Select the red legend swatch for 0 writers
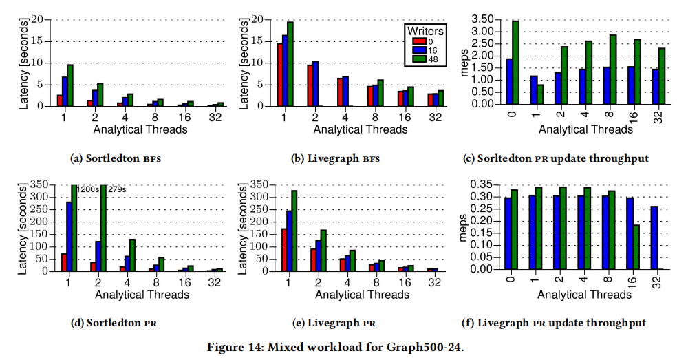click(413, 41)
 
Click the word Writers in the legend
click(425, 31)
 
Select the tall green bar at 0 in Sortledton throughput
click(515, 62)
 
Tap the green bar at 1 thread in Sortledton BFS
click(70, 85)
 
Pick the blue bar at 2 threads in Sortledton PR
click(98, 256)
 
